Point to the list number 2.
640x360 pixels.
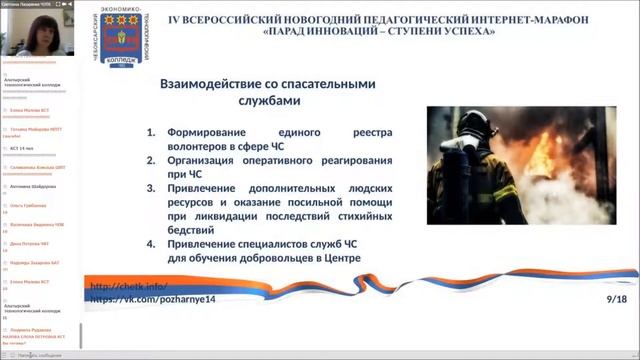[151, 158]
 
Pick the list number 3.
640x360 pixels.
[151, 188]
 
